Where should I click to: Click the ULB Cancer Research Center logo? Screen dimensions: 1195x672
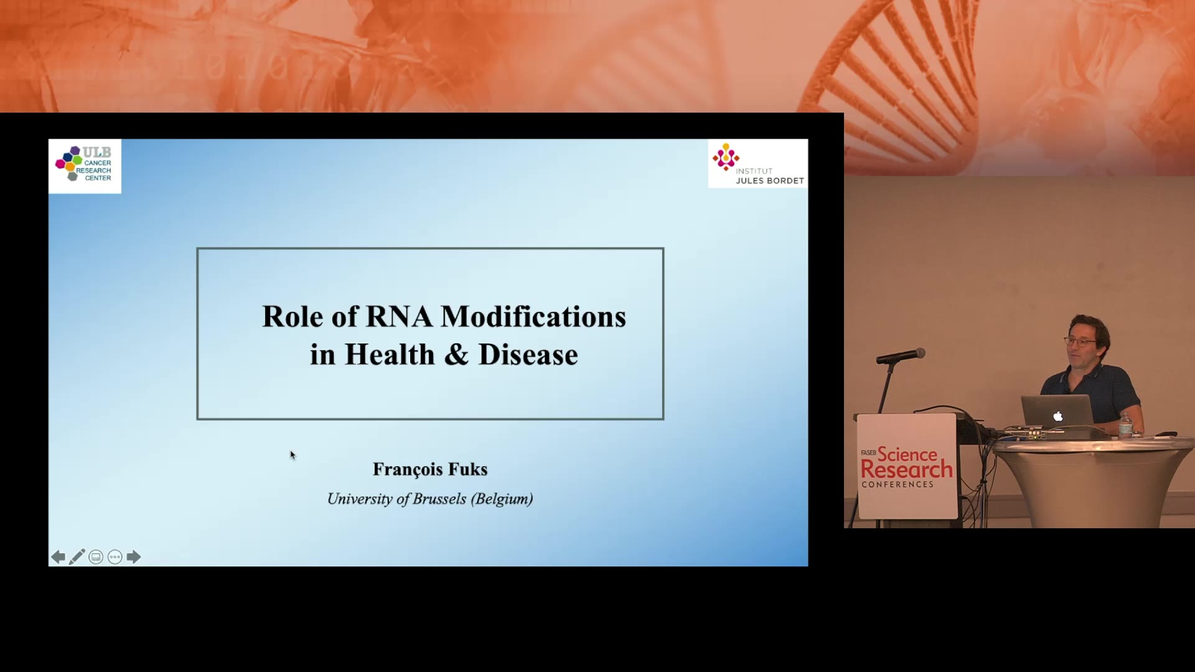pyautogui.click(x=85, y=166)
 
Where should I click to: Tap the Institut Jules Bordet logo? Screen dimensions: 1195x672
pyautogui.click(x=757, y=164)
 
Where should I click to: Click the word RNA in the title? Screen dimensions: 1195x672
pyautogui.click(x=398, y=317)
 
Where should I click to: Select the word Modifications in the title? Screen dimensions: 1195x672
pyautogui.click(x=533, y=317)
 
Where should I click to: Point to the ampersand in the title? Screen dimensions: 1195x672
pyautogui.click(x=456, y=355)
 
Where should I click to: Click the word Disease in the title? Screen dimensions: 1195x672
pyautogui.click(x=528, y=355)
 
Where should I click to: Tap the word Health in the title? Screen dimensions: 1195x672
pyautogui.click(x=390, y=355)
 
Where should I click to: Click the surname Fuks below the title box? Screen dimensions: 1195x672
pyautogui.click(x=467, y=469)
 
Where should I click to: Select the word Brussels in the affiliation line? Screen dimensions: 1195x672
pyautogui.click(x=439, y=499)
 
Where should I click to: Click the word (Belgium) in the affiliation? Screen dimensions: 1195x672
pyautogui.click(x=502, y=500)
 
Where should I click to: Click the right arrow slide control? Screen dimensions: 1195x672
pyautogui.click(x=133, y=557)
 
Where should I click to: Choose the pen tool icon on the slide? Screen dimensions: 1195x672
pyautogui.click(x=77, y=557)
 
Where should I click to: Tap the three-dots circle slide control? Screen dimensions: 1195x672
pyautogui.click(x=115, y=557)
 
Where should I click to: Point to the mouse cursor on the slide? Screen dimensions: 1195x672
pyautogui.click(x=292, y=454)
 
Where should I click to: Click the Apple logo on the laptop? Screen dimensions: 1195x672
pyautogui.click(x=1057, y=416)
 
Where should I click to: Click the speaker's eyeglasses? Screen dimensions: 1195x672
pyautogui.click(x=1080, y=341)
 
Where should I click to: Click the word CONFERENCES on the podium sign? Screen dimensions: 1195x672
pyautogui.click(x=897, y=485)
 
